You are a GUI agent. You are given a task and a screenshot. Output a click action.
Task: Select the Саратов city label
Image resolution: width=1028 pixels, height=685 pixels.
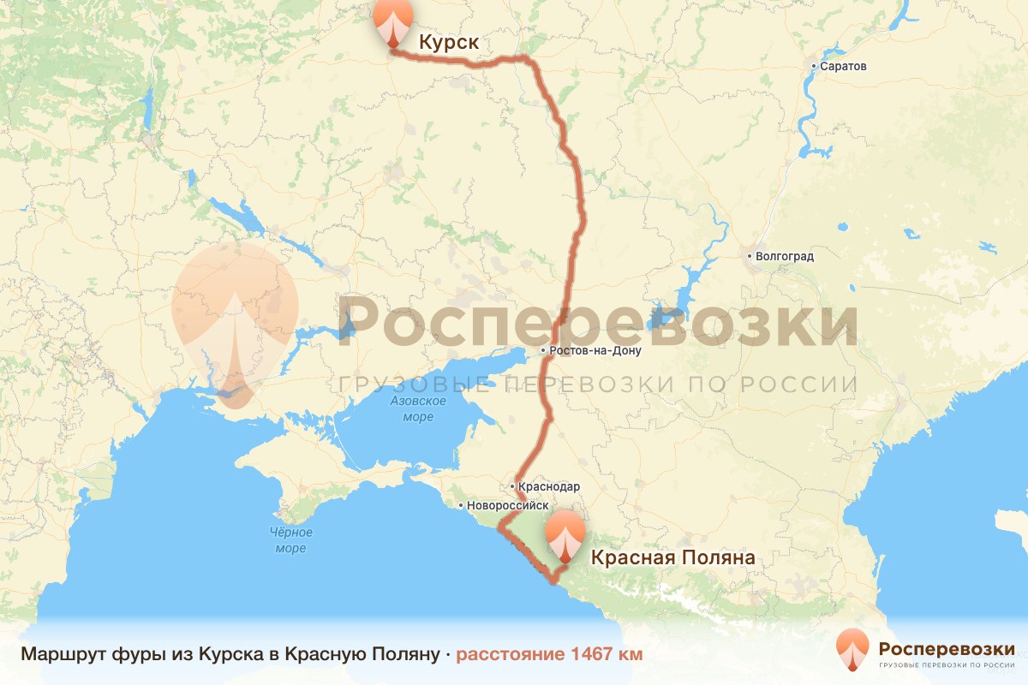pyautogui.click(x=844, y=66)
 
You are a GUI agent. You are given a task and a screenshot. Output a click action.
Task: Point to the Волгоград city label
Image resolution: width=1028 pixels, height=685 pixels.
pyautogui.click(x=785, y=256)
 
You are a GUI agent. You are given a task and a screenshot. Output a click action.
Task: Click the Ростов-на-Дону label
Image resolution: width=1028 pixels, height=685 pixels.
pyautogui.click(x=596, y=351)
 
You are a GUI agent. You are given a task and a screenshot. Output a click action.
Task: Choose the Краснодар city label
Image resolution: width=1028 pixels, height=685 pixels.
pyautogui.click(x=549, y=486)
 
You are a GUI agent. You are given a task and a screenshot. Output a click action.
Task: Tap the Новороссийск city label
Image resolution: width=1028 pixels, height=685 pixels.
pyautogui.click(x=507, y=505)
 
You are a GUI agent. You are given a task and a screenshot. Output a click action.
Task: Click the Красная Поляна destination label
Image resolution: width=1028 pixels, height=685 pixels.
pyautogui.click(x=672, y=557)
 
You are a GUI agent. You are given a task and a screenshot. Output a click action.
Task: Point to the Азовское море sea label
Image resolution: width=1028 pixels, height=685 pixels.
pyautogui.click(x=416, y=408)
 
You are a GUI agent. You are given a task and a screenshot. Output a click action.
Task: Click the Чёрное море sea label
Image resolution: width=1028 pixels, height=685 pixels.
pyautogui.click(x=290, y=540)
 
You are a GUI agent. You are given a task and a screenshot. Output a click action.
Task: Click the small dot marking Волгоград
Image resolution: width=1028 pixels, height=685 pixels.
pyautogui.click(x=749, y=256)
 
